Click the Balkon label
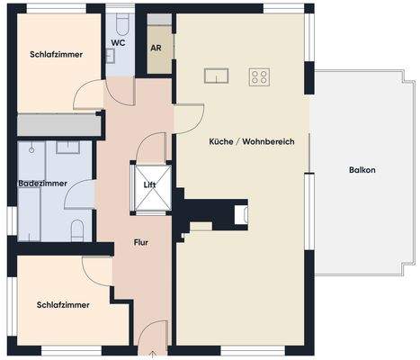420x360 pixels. pyautogui.click(x=364, y=170)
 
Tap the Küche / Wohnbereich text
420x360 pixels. pyautogui.click(x=252, y=141)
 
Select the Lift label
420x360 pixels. pyautogui.click(x=149, y=184)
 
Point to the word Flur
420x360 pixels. pyautogui.click(x=141, y=242)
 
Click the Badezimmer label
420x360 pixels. pyautogui.click(x=41, y=184)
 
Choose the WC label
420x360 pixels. pyautogui.click(x=118, y=42)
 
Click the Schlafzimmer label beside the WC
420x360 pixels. pyautogui.click(x=56, y=55)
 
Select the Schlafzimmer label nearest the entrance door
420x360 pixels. pyautogui.click(x=64, y=304)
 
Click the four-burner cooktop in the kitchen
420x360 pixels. pyautogui.click(x=262, y=76)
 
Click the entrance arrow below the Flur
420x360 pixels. pyautogui.click(x=154, y=353)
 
